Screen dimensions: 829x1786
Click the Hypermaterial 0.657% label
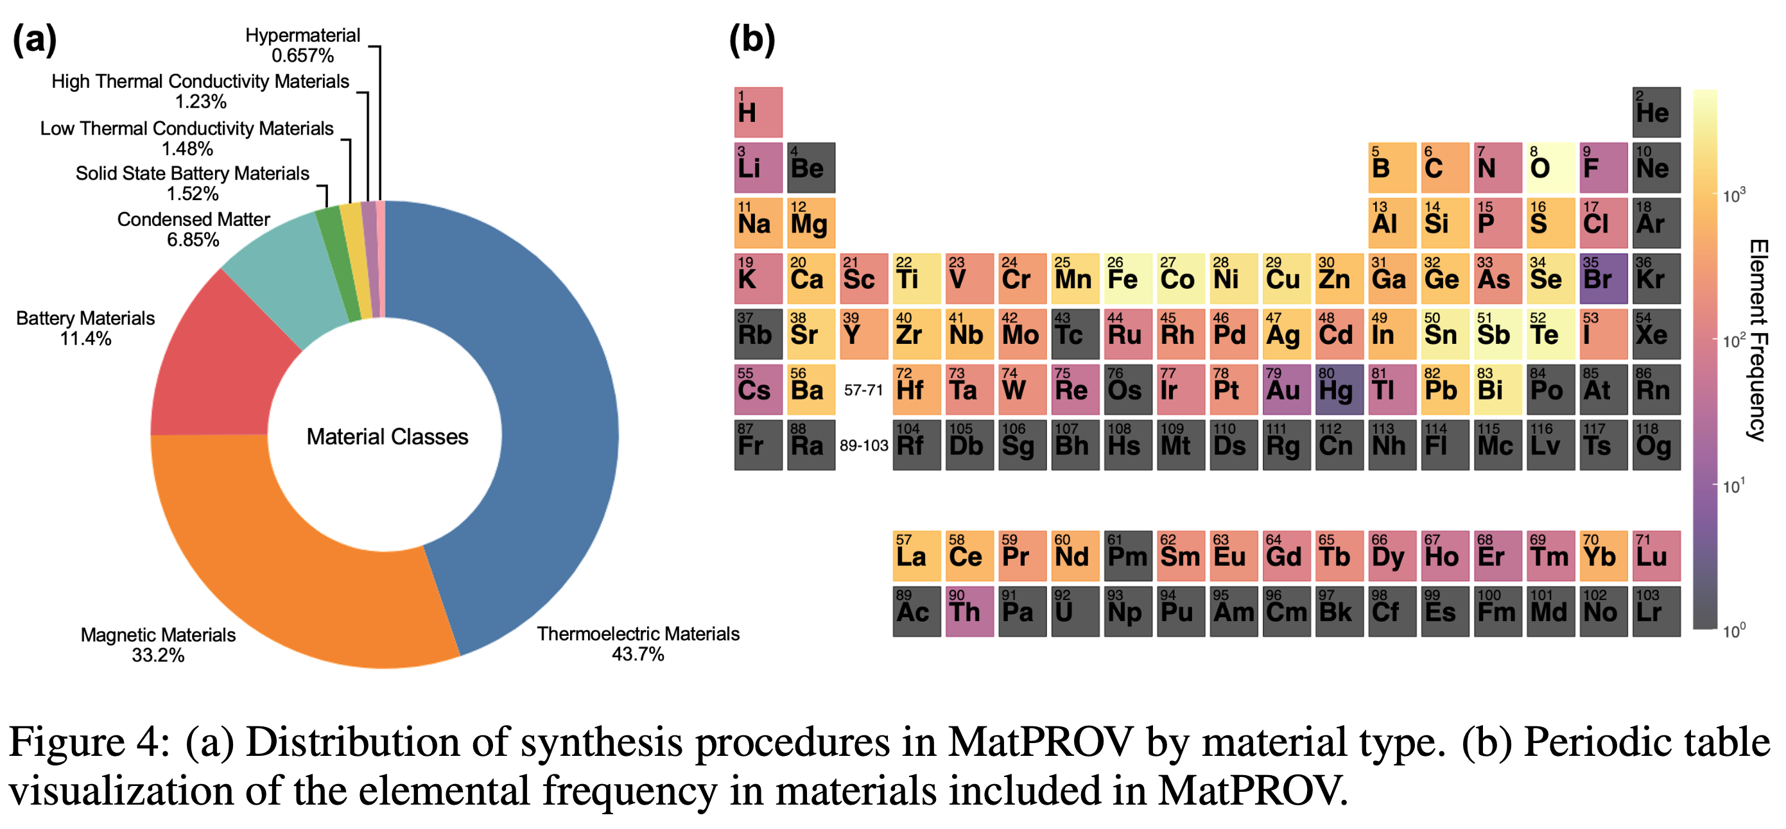[302, 45]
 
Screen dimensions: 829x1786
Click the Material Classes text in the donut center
[387, 437]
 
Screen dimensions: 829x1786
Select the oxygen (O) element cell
[1550, 167]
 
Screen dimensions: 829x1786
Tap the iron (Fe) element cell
[1128, 278]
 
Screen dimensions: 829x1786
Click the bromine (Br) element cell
[1603, 278]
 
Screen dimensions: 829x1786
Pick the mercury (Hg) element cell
[1339, 389]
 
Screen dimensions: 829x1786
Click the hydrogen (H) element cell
[758, 112]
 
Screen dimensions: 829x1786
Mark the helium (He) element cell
[1656, 112]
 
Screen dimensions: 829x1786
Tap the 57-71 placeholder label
[863, 390]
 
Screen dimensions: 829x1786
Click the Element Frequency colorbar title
[1758, 339]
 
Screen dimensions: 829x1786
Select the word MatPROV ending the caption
[1249, 791]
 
